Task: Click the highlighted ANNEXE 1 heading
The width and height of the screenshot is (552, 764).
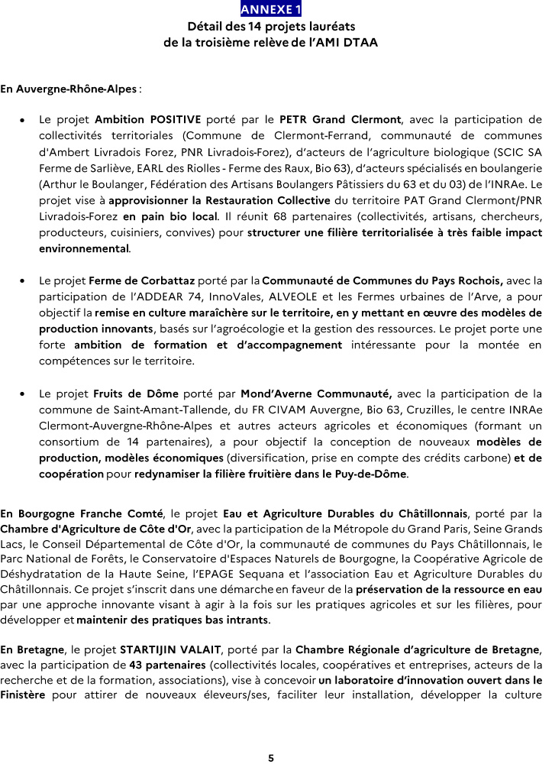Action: pyautogui.click(x=271, y=9)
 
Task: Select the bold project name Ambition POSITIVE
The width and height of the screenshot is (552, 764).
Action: pyautogui.click(x=148, y=119)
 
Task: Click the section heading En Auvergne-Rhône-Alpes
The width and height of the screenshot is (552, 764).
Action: pyautogui.click(x=69, y=89)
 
